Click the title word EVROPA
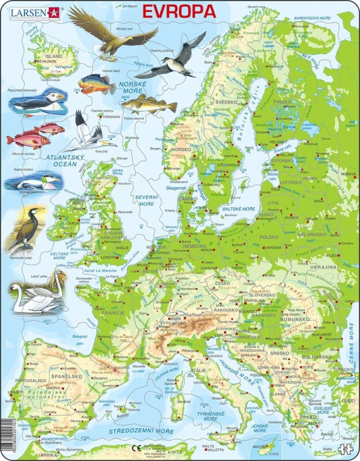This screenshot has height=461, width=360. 179,11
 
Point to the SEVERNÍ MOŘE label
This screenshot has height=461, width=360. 145,201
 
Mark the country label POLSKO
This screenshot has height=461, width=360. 268,237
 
